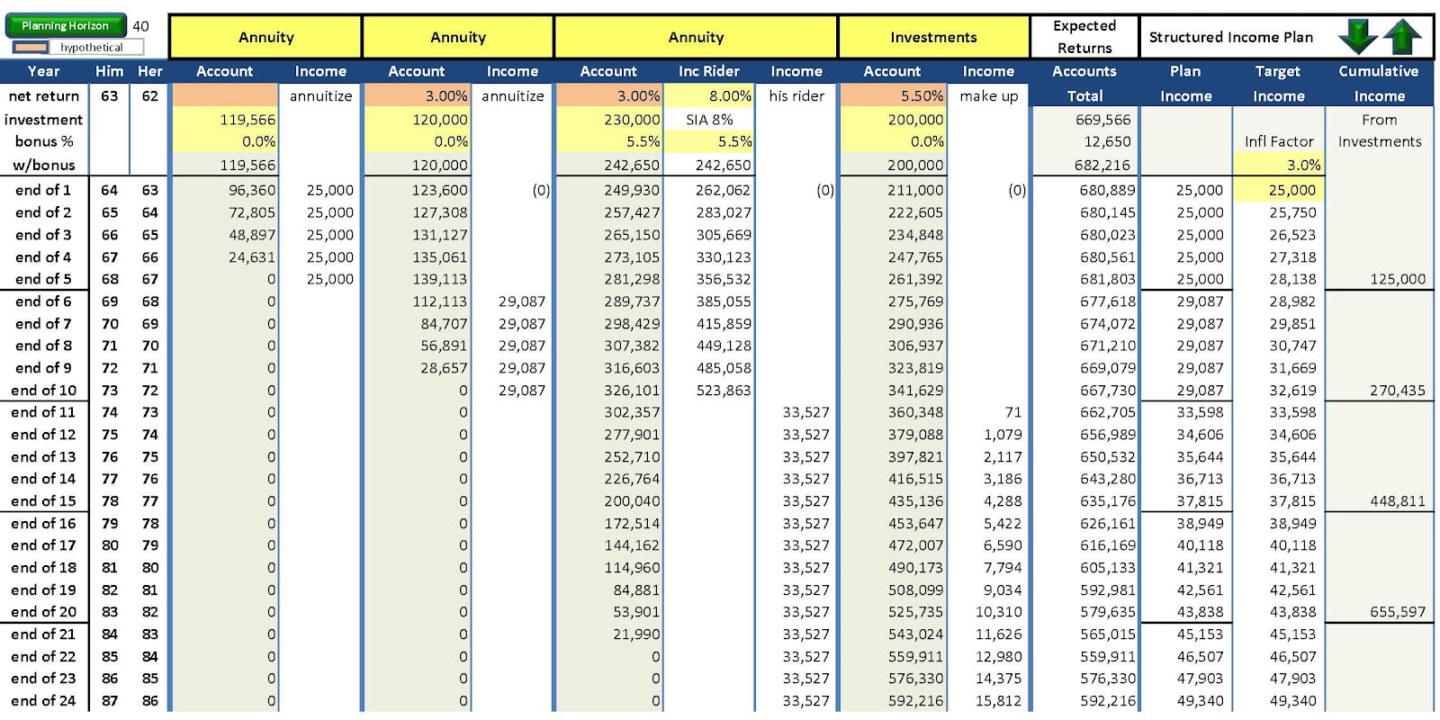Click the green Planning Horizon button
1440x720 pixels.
click(65, 26)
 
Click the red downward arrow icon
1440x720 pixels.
click(1357, 37)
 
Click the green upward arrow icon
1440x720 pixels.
click(1402, 37)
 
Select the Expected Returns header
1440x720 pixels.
click(1084, 37)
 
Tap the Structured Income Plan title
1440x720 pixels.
click(1230, 37)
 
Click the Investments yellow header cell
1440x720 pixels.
click(933, 37)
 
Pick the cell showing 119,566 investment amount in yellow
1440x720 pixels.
click(225, 120)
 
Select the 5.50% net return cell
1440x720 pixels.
click(893, 95)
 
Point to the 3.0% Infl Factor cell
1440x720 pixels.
click(1278, 165)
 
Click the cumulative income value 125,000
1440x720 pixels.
click(1379, 279)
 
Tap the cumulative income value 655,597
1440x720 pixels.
click(1379, 612)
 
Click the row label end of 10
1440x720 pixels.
click(43, 391)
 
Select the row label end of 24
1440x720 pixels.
click(43, 701)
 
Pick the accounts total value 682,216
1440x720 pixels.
click(1084, 165)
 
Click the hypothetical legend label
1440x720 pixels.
click(91, 48)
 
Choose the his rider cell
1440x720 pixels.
click(796, 95)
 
